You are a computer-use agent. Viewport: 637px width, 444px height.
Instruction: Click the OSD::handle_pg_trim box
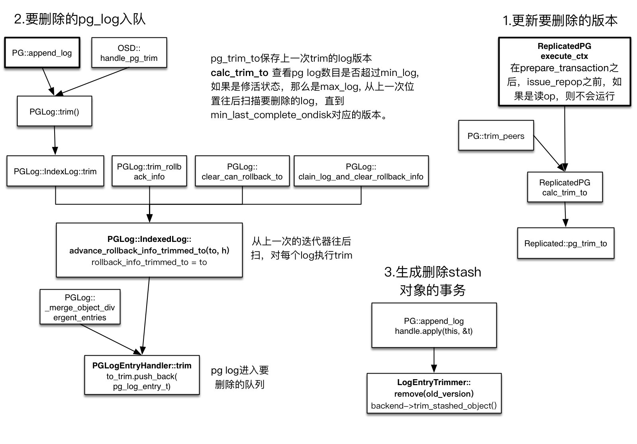click(129, 53)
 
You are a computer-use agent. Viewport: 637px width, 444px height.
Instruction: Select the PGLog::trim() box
click(54, 111)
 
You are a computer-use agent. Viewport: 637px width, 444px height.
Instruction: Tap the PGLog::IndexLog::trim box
click(55, 171)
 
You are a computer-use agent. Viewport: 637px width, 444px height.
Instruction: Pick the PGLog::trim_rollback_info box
click(149, 171)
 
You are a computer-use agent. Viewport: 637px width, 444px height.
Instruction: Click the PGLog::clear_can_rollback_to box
click(242, 171)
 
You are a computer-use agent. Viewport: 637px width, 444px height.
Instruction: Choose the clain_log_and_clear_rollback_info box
click(361, 171)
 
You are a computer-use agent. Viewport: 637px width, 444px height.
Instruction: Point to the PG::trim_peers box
click(496, 136)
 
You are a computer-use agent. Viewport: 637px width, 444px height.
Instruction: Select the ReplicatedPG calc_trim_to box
click(564, 187)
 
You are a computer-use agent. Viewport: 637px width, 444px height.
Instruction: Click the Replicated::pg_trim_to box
click(565, 243)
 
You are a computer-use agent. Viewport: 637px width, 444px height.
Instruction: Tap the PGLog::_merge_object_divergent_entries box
click(80, 308)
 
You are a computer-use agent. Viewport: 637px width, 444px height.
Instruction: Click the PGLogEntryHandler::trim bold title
click(142, 366)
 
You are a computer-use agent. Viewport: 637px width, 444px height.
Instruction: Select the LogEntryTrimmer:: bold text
click(434, 382)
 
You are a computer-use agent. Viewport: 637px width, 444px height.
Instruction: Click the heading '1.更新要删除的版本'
click(560, 20)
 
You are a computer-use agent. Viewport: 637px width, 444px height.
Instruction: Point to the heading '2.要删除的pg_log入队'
click(80, 19)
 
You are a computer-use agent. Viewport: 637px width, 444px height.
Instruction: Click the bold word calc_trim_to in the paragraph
click(239, 73)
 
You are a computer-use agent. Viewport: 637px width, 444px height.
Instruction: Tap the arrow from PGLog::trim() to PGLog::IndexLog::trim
click(55, 140)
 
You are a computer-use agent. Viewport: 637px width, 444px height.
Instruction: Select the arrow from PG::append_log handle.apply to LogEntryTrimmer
click(434, 360)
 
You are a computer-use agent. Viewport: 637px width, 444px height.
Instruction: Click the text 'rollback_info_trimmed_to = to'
click(149, 262)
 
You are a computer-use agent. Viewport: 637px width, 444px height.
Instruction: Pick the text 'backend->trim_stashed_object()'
click(434, 406)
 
